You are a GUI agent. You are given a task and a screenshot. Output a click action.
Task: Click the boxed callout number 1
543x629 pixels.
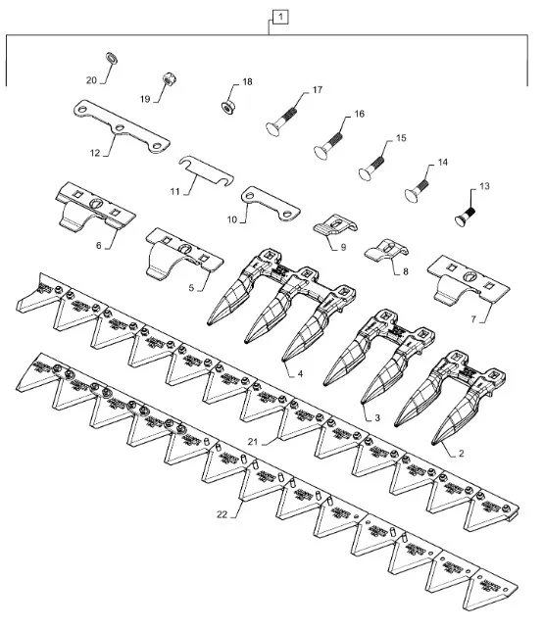pos(280,18)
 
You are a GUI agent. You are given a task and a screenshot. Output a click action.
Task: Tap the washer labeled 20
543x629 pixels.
pos(111,58)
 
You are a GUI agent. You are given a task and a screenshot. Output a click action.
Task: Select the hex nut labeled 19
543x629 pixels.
pos(169,78)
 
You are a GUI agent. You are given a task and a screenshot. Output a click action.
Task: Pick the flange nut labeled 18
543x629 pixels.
pos(228,107)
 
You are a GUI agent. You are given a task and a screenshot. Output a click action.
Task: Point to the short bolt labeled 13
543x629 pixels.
pos(466,216)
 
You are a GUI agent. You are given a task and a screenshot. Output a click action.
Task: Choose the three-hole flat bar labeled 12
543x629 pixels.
pos(122,127)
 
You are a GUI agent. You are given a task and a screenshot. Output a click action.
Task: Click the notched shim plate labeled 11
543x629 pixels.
pos(206,170)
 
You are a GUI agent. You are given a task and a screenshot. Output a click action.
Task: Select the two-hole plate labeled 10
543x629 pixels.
pos(271,204)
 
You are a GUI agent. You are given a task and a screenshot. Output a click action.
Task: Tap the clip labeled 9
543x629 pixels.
pos(334,226)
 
